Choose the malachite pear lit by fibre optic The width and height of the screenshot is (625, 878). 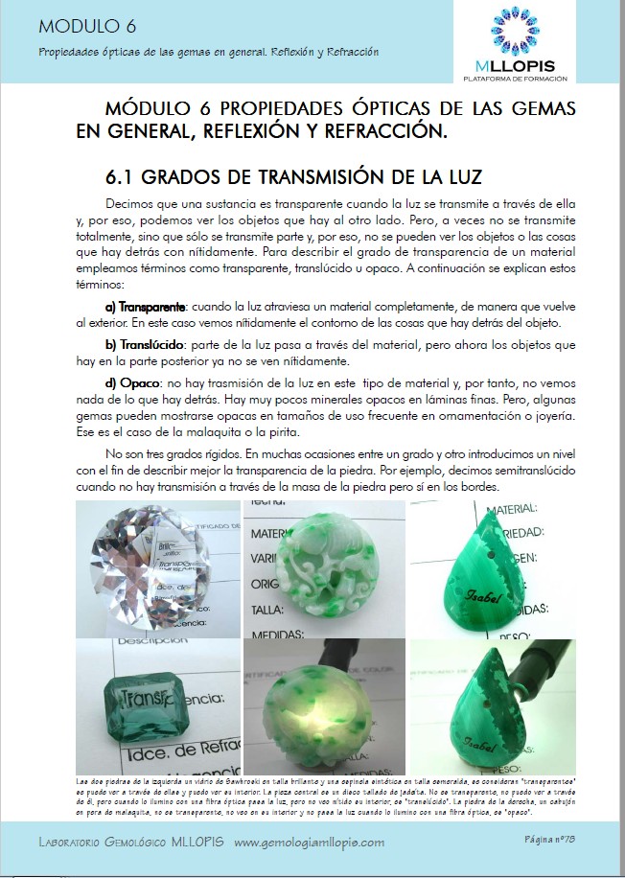pyautogui.click(x=488, y=705)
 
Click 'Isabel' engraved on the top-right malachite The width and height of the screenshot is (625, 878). pyautogui.click(x=485, y=603)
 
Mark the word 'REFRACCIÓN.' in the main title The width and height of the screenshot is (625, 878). pyautogui.click(x=385, y=130)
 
